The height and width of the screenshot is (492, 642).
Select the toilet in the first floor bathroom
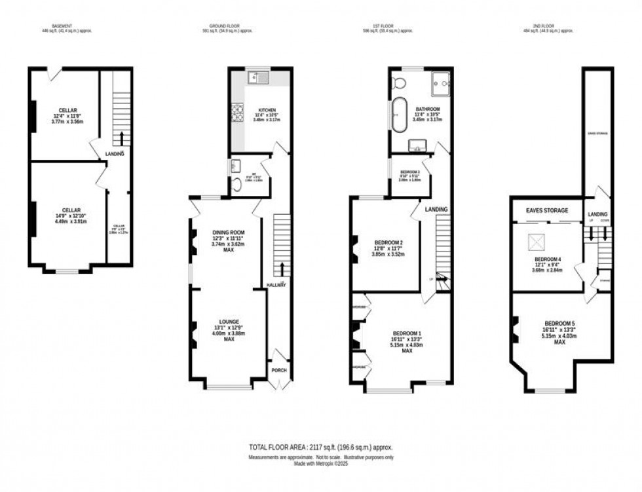pyautogui.click(x=399, y=83)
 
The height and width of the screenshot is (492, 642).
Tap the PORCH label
pyautogui.click(x=280, y=369)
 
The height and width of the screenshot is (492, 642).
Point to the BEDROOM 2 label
pyautogui.click(x=388, y=242)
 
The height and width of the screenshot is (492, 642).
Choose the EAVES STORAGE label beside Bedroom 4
pyautogui.click(x=547, y=210)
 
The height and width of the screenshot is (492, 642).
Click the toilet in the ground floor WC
pyautogui.click(x=237, y=185)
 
